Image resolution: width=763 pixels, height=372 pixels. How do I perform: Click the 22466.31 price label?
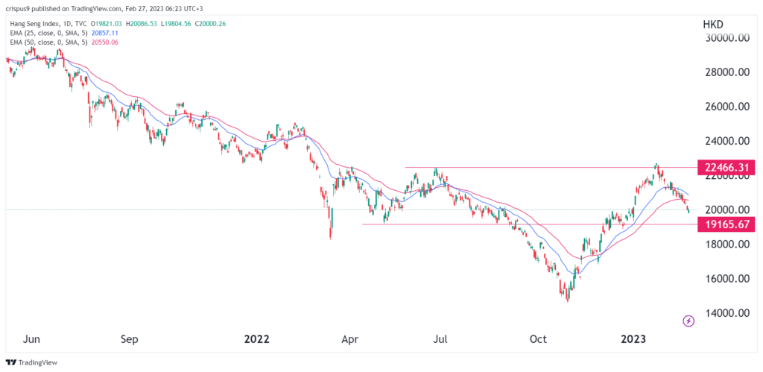point(726,167)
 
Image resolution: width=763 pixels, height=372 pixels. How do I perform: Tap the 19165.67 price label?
point(726,224)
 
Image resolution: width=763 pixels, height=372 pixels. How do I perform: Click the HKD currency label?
point(714,25)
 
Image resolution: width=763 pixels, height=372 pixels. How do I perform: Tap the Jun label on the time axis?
point(31,340)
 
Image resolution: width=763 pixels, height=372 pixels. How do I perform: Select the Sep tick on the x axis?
point(130,340)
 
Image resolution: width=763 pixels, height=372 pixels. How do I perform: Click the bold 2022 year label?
point(256,340)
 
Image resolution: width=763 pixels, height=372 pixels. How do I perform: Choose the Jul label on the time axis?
point(441,340)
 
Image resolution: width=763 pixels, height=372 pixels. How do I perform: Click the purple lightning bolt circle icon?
point(688,321)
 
